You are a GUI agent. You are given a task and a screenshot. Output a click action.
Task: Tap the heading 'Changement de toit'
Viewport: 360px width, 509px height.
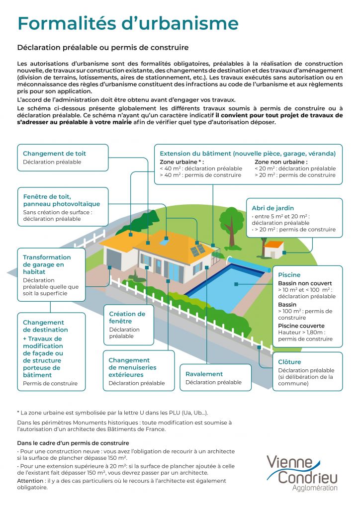click(55, 154)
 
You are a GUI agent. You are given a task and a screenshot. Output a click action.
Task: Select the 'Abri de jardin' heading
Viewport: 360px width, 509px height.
click(273, 208)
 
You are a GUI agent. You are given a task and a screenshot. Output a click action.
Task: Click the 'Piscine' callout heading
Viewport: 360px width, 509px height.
click(289, 275)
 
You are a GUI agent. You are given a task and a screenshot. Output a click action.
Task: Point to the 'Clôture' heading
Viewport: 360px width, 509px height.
click(290, 362)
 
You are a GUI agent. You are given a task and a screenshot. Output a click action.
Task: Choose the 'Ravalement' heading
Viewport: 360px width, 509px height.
click(204, 374)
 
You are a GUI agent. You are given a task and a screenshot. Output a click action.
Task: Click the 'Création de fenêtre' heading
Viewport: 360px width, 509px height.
click(127, 317)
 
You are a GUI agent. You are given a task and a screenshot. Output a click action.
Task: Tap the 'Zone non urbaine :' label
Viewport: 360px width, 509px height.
click(281, 162)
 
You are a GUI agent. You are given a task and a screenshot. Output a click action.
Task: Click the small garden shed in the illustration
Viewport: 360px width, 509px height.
click(274, 249)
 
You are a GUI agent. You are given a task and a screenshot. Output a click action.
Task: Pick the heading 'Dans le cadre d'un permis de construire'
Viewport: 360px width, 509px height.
click(73, 443)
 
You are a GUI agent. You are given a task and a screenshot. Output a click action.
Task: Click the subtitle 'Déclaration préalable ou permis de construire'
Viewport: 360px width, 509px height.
click(102, 48)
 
